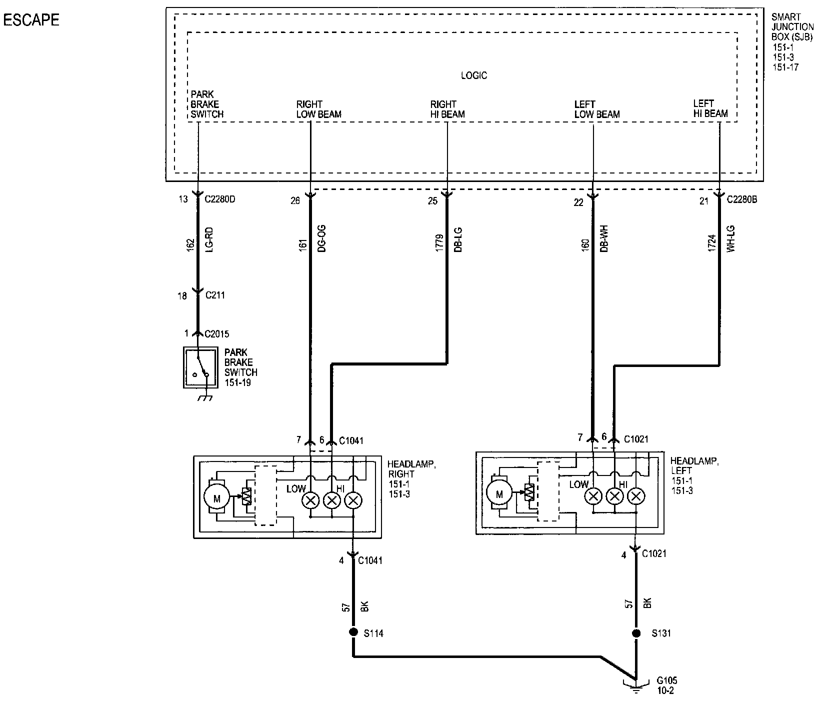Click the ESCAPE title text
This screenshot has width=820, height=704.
click(31, 20)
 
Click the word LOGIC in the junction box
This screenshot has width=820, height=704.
click(473, 76)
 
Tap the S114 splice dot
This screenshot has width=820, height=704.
click(353, 632)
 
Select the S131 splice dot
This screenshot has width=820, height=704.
click(636, 633)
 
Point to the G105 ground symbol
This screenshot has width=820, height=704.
click(636, 687)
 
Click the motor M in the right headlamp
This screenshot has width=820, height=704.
click(216, 497)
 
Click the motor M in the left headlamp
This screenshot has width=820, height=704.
click(498, 494)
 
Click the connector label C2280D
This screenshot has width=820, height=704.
click(220, 199)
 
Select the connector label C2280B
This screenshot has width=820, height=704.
click(742, 199)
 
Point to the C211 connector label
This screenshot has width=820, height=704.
click(215, 295)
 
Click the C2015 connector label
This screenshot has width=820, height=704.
click(217, 333)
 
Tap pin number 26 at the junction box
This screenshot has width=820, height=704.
click(295, 200)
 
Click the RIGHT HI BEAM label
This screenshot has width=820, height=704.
click(447, 109)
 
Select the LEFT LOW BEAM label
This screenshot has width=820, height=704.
click(597, 109)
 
